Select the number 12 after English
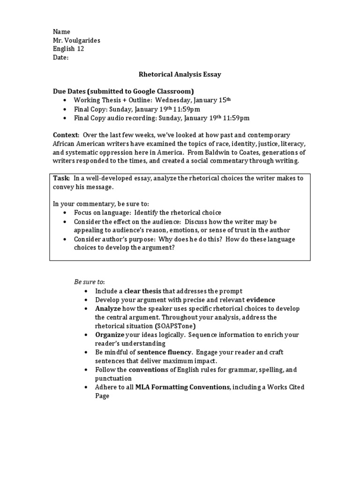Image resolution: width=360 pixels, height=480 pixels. pos(80,49)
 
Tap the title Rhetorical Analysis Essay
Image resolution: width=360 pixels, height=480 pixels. pos(180,74)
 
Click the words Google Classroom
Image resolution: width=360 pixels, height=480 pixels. pos(166,91)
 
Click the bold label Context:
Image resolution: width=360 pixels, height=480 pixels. pos(66,135)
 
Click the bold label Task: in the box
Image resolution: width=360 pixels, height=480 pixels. pos(61,178)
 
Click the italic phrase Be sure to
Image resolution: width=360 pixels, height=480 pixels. pos(89,282)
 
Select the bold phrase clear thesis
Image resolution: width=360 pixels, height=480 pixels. pos(142,291)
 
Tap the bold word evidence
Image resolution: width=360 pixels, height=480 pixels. pos(261,300)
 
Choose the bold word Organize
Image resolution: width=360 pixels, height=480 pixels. pos(110,335)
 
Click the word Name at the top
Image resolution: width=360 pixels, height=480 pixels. pos(61,31)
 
